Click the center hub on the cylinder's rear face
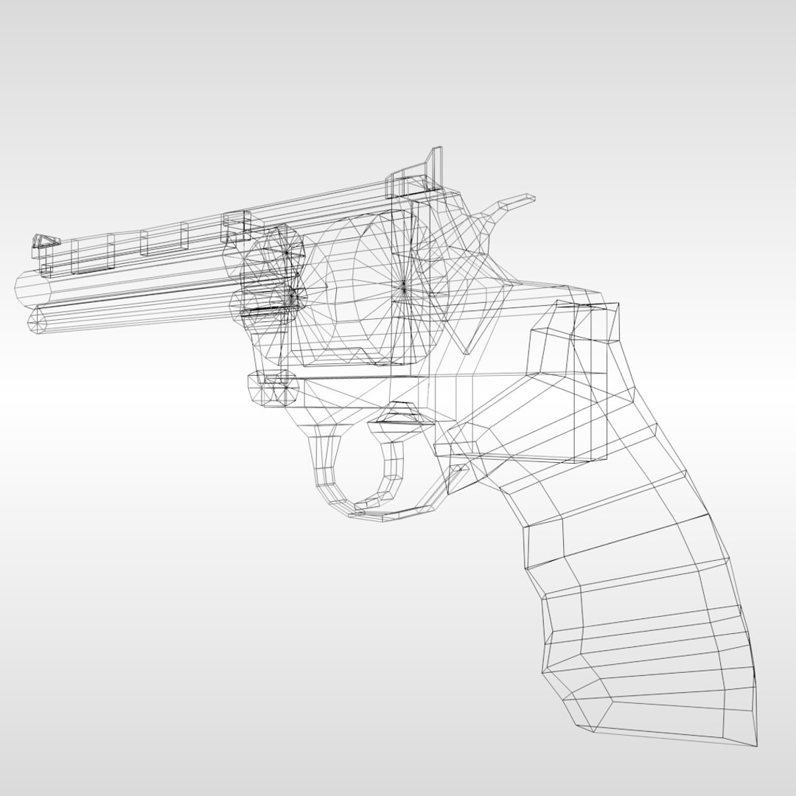point(402,284)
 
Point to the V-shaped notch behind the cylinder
point(464,324)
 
